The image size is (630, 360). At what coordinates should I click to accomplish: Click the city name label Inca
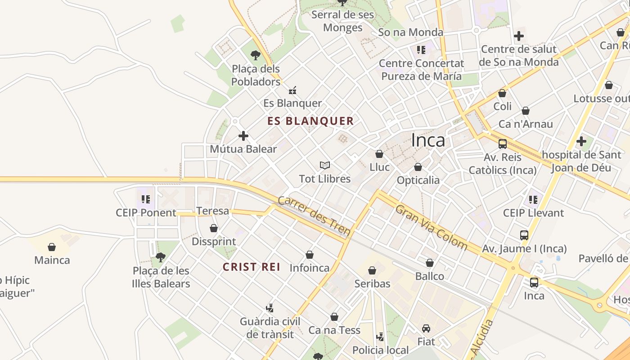coord(428,140)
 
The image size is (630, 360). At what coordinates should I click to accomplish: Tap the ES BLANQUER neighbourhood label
coord(310,121)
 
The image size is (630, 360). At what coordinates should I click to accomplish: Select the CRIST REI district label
coord(252,267)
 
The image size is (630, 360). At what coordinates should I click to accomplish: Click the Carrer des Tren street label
coord(314,216)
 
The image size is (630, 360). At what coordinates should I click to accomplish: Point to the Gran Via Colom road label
coord(431,227)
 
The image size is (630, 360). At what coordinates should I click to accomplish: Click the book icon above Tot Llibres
coord(325,165)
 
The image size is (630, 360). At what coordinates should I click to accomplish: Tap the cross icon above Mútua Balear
coord(243,135)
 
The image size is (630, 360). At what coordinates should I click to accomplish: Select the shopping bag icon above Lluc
coord(379,154)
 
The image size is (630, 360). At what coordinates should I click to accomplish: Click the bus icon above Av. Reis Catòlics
coord(503,144)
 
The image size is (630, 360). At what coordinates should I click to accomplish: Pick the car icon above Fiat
coord(426,328)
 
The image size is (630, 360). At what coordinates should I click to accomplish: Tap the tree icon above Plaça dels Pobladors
coord(256,55)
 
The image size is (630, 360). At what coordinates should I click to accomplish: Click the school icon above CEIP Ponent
coord(146,199)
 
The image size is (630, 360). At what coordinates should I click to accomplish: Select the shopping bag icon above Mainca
coord(52,247)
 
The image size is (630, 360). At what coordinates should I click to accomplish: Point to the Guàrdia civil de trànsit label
coord(270,328)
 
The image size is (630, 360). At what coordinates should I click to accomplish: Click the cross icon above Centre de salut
coord(519,36)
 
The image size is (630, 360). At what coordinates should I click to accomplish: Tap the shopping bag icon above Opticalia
coord(418,167)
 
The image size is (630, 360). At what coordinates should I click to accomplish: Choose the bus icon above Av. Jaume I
coord(524,235)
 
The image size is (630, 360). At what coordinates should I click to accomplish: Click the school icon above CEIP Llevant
coord(533,199)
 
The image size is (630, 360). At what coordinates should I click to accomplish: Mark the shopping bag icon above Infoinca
coord(310,255)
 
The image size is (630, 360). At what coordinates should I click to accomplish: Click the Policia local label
coord(381,350)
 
